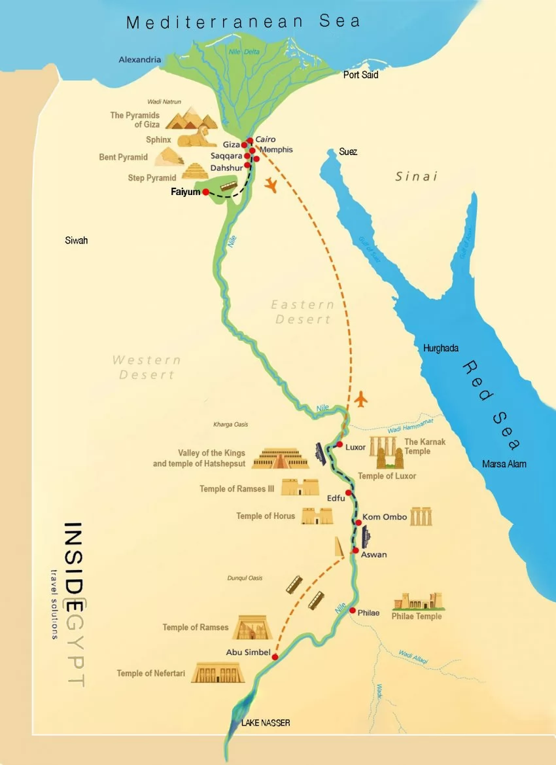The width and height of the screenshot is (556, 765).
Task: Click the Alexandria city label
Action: (x=139, y=60)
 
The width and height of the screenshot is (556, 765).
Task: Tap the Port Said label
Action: (x=360, y=75)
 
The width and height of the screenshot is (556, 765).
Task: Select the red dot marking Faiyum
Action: (x=205, y=192)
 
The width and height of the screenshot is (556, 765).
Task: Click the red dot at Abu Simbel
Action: (x=275, y=656)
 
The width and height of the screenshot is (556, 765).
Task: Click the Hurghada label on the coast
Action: (x=441, y=348)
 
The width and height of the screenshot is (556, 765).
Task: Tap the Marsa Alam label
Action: (x=504, y=464)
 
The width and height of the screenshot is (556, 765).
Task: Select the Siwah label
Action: (x=76, y=241)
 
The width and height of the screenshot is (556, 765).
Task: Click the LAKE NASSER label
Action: (x=265, y=722)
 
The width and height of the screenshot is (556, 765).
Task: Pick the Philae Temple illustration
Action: (x=417, y=602)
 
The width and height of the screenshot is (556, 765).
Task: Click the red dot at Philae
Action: (x=352, y=611)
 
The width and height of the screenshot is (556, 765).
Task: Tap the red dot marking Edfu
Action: (x=349, y=493)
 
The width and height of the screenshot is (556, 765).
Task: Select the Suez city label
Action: (x=348, y=152)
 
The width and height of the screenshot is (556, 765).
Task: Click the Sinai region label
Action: (x=416, y=177)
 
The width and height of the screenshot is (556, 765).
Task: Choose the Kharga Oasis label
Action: (x=231, y=425)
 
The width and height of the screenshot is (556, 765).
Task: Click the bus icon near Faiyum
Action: (x=228, y=187)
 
